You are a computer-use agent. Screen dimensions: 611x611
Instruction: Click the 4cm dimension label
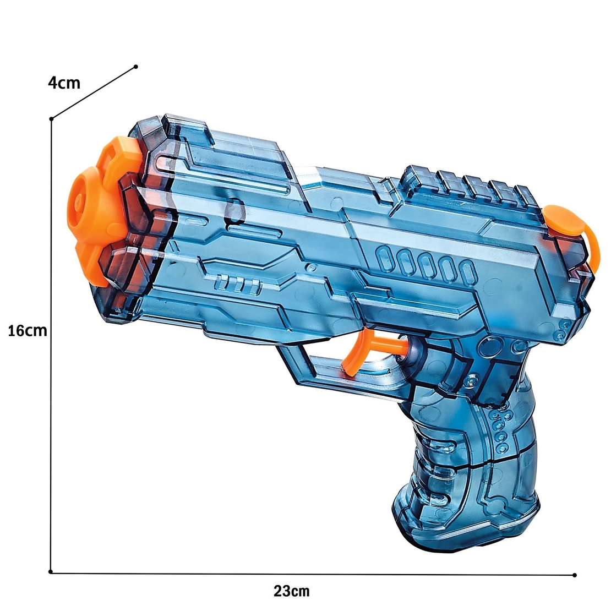(64, 83)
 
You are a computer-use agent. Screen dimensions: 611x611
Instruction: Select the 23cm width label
(292, 591)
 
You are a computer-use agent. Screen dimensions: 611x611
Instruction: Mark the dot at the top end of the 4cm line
(136, 67)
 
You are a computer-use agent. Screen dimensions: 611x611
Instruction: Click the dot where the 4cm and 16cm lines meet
(51, 118)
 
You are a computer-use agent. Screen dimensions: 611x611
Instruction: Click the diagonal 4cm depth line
(94, 92)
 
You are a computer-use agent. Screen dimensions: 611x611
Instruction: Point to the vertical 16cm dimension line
(51, 385)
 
